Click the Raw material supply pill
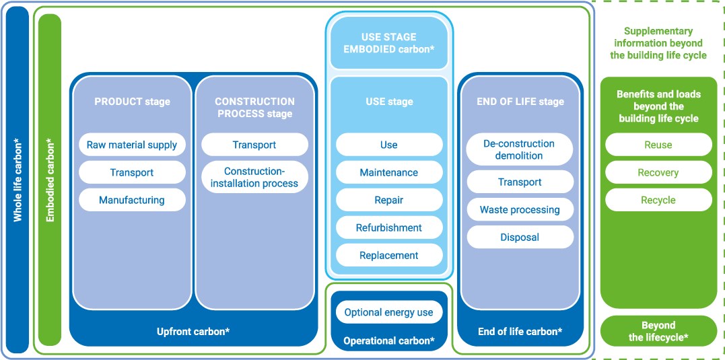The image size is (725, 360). tap(132, 145)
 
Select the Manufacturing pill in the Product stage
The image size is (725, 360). tap(132, 200)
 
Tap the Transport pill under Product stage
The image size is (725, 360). tap(132, 172)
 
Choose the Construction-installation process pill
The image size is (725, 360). tap(254, 178)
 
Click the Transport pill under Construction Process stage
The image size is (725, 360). tap(254, 145)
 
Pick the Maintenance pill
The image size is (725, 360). tap(389, 172)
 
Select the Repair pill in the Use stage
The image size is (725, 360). tap(389, 200)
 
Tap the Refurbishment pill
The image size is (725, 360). tap(389, 228)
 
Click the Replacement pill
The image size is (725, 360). tap(389, 256)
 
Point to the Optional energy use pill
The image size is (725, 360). tap(389, 312)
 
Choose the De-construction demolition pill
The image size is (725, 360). tap(519, 150)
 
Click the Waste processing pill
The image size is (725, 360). tap(520, 210)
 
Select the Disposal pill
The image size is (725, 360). tap(520, 238)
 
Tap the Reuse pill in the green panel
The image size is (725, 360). tap(658, 145)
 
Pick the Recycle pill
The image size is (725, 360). tap(658, 200)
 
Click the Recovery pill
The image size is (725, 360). tap(658, 172)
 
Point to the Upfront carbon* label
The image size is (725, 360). tap(193, 331)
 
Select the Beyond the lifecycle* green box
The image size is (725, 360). tap(658, 331)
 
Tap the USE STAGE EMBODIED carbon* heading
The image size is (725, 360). tap(389, 42)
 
